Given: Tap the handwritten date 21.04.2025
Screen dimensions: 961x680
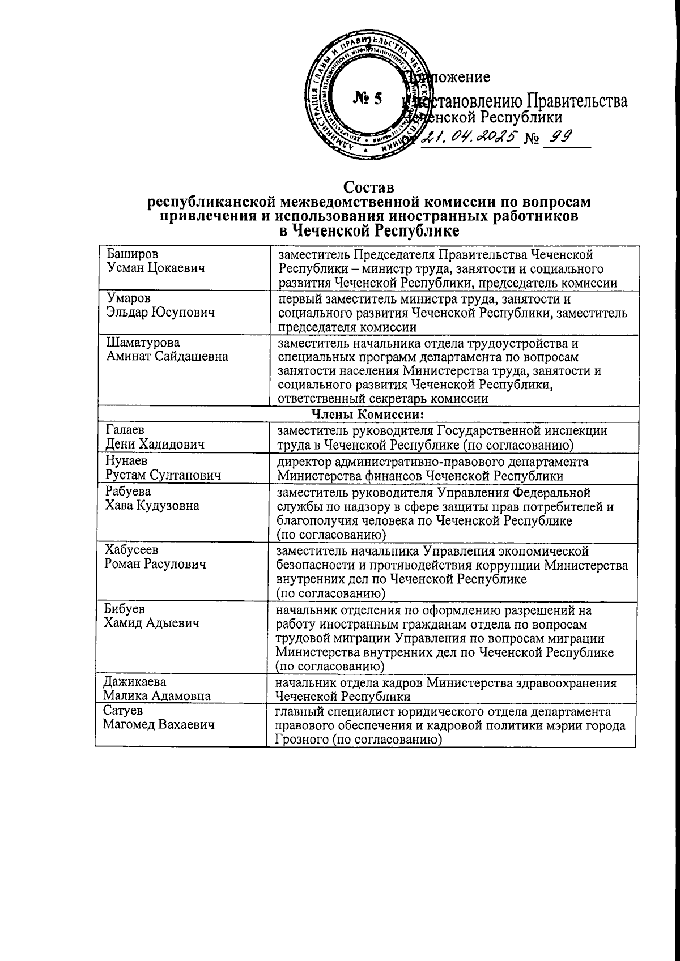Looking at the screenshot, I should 471,136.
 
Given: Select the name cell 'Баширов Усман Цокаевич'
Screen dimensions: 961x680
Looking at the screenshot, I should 155,261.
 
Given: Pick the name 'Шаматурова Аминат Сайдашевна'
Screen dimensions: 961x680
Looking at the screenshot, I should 167,349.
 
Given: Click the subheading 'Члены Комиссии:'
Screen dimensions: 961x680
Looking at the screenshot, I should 368,415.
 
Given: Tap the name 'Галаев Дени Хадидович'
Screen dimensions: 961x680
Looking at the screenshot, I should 155,437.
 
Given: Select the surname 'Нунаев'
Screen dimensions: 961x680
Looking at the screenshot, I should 126,461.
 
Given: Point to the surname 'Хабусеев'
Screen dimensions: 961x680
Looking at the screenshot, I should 131,550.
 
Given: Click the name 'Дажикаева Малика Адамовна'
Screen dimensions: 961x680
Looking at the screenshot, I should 156,689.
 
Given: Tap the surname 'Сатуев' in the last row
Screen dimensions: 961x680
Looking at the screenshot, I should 122,711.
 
